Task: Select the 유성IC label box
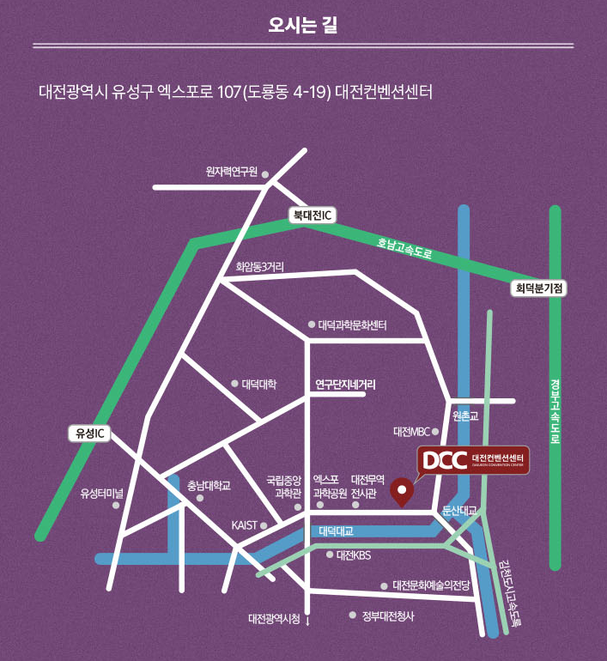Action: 87,434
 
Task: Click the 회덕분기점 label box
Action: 540,288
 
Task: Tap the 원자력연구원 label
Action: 231,172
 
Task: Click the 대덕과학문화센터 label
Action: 352,325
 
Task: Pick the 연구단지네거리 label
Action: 345,384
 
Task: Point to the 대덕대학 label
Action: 259,384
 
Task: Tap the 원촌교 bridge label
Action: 464,415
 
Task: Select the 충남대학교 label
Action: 209,485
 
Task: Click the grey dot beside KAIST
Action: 264,525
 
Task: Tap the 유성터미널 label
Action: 102,493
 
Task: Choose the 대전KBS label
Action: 353,555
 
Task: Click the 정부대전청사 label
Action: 388,615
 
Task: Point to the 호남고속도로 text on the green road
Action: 404,250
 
